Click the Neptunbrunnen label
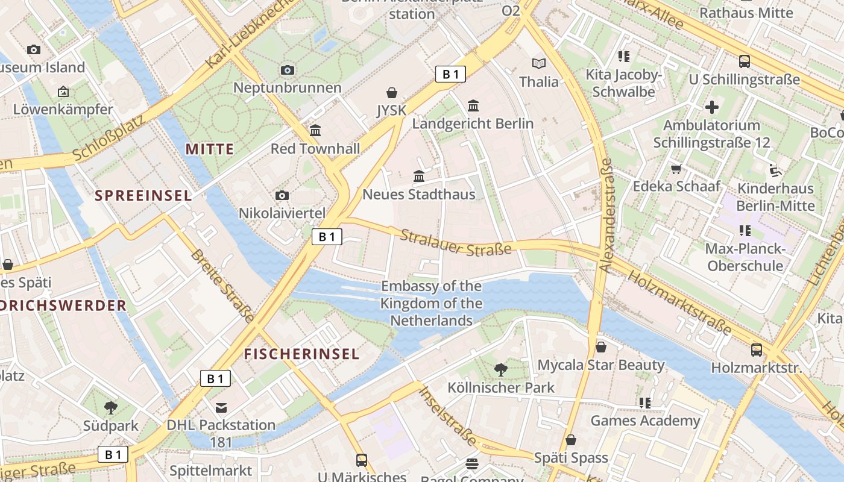pos(287,87)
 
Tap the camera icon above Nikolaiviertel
pos(282,195)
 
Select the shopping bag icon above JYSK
pos(392,93)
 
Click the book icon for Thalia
pos(538,63)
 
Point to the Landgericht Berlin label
pos(473,124)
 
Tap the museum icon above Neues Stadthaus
pos(419,177)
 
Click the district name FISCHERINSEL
pos(301,354)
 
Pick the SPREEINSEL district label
pos(143,195)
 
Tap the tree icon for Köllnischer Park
pos(500,369)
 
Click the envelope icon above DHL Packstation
pos(221,408)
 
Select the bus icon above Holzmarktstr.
pos(757,349)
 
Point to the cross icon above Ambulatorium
pos(712,107)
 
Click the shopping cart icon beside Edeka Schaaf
pos(676,169)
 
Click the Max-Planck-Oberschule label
pos(745,257)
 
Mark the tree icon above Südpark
pos(110,408)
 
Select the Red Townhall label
pos(315,149)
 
